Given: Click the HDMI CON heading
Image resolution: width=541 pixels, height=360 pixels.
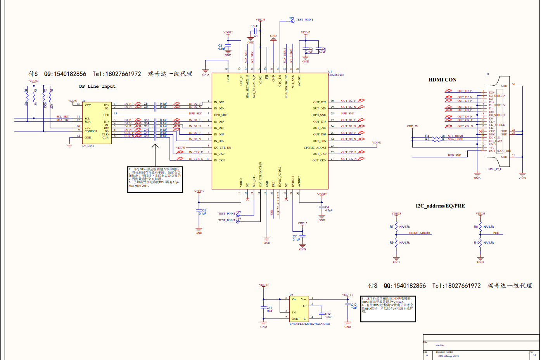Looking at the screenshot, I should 442,80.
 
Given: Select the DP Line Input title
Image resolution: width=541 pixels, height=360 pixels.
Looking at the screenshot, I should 97,87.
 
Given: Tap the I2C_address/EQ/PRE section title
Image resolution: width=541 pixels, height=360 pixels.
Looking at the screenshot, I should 440,206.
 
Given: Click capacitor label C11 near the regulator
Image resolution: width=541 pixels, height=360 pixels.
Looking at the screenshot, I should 269,308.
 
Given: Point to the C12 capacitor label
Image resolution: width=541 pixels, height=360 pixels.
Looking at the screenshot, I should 328,314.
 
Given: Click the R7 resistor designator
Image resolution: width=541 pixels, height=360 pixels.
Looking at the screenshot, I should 391,227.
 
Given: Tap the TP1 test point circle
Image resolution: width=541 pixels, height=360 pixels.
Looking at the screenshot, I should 293,21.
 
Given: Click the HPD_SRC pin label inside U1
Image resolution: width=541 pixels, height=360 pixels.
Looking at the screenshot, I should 220,115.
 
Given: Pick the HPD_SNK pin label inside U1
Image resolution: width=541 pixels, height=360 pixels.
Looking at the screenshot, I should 319,115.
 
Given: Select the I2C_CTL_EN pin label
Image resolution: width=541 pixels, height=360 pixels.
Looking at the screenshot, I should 222,147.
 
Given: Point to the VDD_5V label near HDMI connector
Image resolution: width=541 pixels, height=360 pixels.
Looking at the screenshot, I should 412,126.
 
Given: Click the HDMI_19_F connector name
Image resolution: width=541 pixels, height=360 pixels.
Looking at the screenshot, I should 494,169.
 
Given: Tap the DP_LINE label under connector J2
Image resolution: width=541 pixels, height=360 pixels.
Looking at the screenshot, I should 88,146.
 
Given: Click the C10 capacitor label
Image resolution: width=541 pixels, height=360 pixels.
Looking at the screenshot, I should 354,305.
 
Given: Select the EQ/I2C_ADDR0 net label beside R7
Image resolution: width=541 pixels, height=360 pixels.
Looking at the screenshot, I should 419,233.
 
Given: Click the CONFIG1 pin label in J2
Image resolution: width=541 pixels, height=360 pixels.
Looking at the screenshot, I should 91,131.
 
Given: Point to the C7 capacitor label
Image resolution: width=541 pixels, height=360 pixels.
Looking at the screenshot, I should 295,236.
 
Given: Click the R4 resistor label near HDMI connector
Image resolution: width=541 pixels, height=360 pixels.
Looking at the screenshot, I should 427,136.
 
